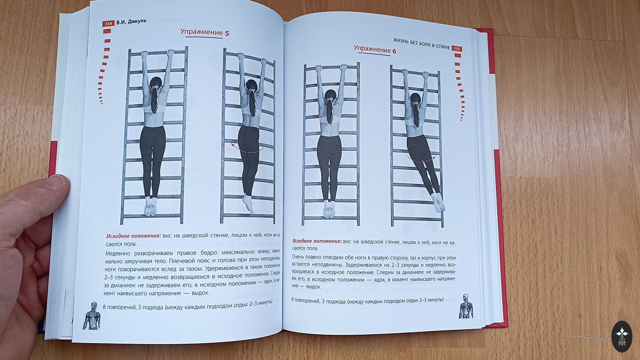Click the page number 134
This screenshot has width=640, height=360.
click(x=108, y=23)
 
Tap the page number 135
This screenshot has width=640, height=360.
click(x=457, y=49)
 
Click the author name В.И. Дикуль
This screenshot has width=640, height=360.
click(x=131, y=22)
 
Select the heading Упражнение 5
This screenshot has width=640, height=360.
click(x=204, y=32)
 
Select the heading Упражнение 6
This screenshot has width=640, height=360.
click(x=375, y=50)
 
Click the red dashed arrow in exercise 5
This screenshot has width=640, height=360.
click(x=247, y=149)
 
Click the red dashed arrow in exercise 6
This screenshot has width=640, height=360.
click(x=421, y=159)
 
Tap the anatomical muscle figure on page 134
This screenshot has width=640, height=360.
click(x=92, y=315)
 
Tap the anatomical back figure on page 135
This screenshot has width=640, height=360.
click(x=466, y=306)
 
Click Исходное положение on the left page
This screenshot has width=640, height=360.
click(x=134, y=236)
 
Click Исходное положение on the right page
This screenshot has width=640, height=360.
click(x=317, y=241)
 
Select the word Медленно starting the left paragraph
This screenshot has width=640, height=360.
click(x=117, y=254)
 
